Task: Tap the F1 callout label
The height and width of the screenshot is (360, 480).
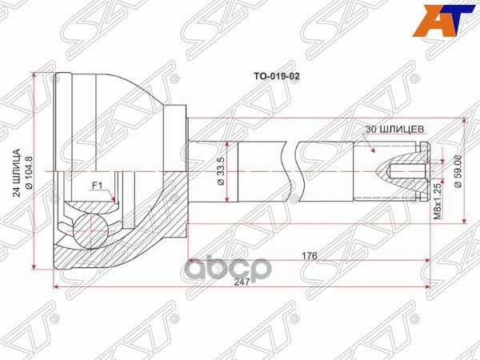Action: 98,186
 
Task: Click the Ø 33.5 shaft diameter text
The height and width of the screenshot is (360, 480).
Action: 220,170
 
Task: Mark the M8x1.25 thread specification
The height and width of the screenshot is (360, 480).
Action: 437,200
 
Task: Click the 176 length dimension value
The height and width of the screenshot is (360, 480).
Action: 310,256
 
